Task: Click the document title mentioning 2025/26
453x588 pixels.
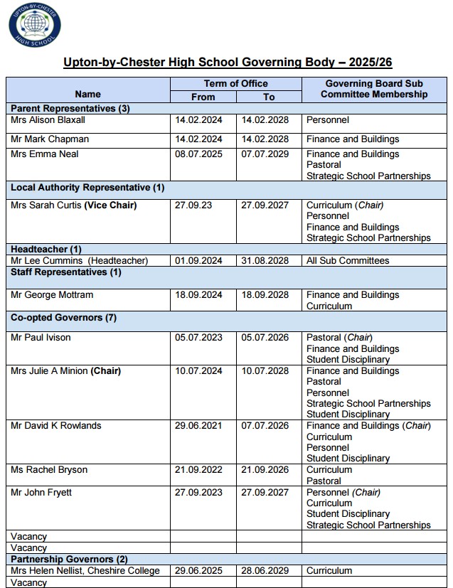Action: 226,63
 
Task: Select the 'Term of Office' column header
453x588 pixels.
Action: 236,84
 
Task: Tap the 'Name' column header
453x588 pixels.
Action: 87,94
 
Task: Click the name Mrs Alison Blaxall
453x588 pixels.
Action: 48,120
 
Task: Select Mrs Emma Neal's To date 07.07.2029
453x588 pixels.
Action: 265,154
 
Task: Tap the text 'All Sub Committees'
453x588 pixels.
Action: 348,261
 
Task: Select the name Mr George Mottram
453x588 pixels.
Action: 52,295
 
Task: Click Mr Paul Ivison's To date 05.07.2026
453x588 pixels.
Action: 265,338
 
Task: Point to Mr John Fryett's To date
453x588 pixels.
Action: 265,493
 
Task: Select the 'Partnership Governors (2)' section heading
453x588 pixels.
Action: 69,560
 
